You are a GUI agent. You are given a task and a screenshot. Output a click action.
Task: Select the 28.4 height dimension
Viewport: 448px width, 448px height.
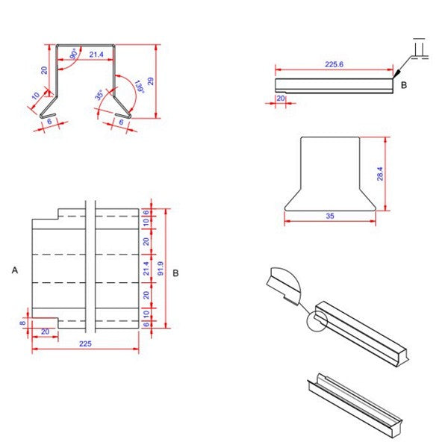[380, 173]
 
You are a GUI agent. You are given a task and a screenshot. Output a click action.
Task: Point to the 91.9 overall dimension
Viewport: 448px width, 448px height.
[161, 269]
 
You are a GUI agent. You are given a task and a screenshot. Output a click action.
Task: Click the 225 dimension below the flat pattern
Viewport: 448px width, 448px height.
[84, 343]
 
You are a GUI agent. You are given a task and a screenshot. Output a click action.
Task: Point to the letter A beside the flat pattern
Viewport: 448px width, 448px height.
[15, 272]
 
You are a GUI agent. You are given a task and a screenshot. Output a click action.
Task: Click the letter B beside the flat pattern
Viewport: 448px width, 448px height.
[175, 273]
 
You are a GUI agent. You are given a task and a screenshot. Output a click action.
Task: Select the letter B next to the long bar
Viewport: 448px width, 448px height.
[404, 85]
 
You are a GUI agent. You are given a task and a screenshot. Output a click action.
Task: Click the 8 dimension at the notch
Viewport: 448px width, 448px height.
[23, 322]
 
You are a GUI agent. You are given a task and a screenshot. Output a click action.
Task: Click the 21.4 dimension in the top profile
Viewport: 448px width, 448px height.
[96, 55]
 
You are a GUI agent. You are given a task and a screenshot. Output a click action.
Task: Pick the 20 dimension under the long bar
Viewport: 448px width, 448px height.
[281, 98]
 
